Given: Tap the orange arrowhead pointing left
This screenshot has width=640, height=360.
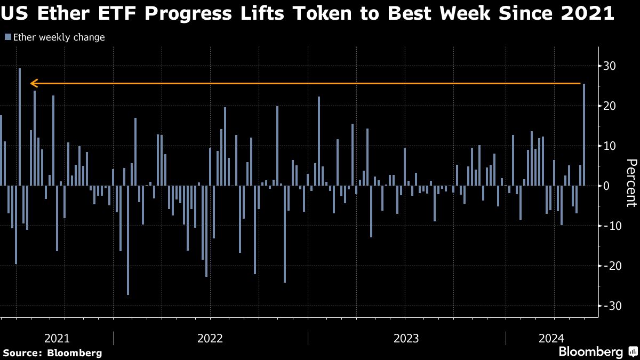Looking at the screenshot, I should click(34, 83).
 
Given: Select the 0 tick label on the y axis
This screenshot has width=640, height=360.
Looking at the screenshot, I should click(606, 186).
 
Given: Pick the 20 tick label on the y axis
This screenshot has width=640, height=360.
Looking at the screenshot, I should click(609, 106).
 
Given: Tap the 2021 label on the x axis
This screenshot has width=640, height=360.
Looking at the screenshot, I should click(57, 338).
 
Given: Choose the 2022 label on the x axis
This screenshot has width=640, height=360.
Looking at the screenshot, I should click(210, 338).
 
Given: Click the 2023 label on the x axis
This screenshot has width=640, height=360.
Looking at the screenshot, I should click(406, 338).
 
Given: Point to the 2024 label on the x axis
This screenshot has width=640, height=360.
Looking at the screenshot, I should click(551, 338).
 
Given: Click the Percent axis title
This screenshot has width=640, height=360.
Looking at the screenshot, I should click(631, 183).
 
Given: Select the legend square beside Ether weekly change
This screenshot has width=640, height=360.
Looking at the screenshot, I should click(7, 37).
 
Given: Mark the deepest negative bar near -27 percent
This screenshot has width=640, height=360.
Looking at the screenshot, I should click(128, 240).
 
